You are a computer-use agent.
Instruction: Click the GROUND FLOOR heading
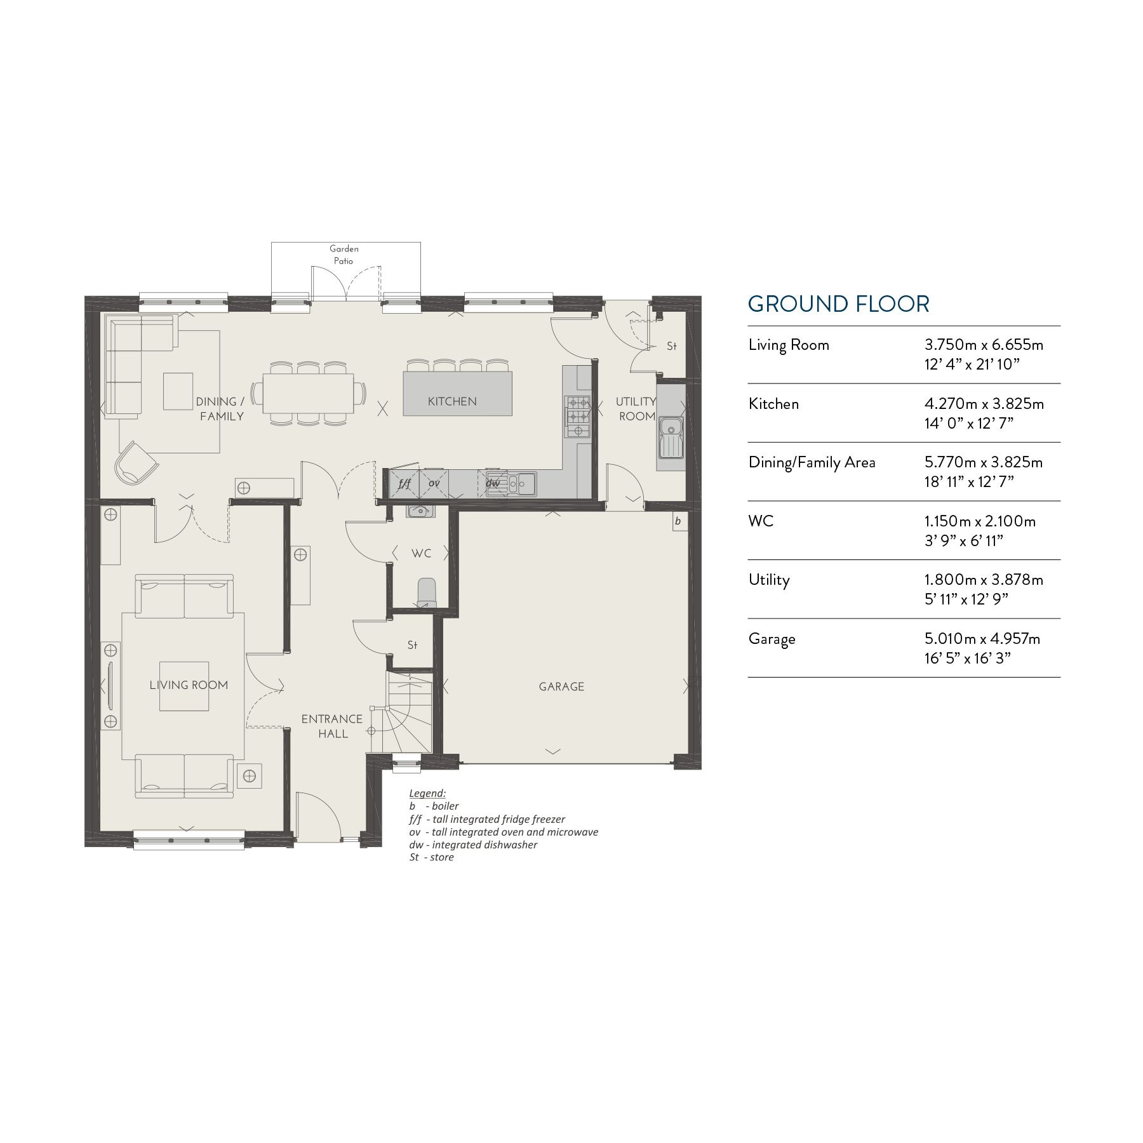838,304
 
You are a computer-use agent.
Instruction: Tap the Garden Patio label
344,255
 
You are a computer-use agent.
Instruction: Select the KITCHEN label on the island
452,401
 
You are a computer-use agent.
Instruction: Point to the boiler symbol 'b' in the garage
678,521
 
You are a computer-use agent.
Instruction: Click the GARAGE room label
561,686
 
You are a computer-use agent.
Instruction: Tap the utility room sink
670,437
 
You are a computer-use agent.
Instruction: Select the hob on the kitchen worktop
577,417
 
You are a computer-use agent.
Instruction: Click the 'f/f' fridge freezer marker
404,483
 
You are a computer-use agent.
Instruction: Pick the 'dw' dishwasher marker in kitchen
493,483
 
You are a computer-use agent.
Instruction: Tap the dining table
309,393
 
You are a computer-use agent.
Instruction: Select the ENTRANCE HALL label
332,726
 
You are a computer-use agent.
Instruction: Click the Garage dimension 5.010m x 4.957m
982,639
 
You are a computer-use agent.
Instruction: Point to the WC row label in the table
761,521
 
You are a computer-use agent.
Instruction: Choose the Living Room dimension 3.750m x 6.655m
984,345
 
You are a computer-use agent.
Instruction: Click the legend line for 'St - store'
432,857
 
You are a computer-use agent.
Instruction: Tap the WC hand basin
419,511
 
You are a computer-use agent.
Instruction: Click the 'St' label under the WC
412,645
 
